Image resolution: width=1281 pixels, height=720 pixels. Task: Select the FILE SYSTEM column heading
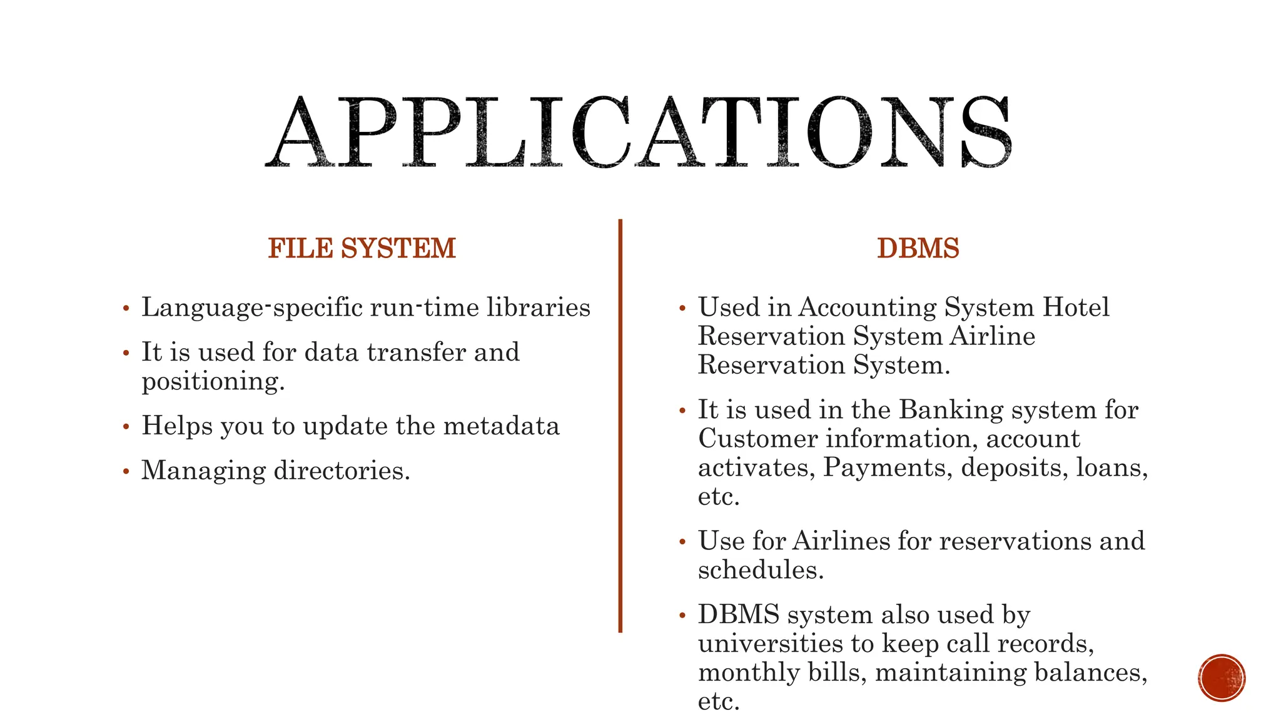[362, 249]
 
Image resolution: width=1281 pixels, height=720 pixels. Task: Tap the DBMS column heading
[918, 249]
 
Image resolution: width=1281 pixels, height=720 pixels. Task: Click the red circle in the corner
[1222, 678]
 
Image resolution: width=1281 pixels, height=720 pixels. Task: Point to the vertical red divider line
[620, 425]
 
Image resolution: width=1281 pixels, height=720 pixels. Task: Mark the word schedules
[760, 571]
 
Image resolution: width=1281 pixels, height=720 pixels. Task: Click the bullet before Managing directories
[126, 471]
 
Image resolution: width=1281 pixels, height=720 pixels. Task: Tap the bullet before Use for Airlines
[682, 542]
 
